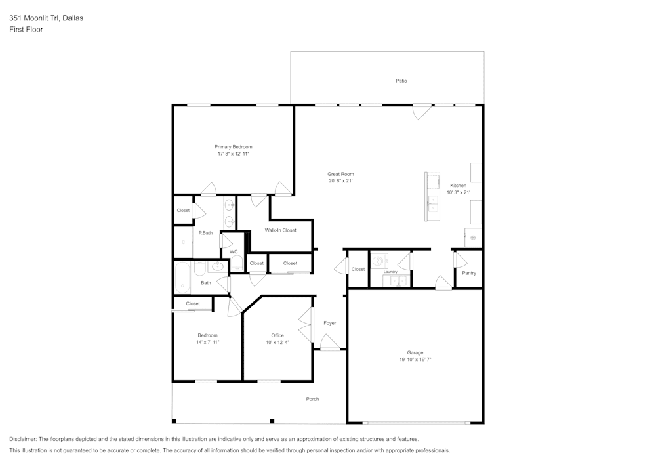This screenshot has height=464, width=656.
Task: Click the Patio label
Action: click(x=401, y=81)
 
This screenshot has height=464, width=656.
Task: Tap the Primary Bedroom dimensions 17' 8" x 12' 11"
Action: click(x=234, y=154)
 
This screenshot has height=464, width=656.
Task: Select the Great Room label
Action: click(x=340, y=174)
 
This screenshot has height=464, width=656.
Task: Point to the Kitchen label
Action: click(x=458, y=186)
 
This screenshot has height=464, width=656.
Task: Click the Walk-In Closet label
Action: click(x=280, y=230)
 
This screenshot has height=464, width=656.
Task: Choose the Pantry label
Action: click(x=469, y=273)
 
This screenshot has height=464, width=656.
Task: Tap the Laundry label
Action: click(x=390, y=272)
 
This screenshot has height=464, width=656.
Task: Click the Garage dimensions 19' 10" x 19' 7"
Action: click(x=415, y=360)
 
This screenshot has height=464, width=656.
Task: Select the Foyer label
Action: click(x=329, y=323)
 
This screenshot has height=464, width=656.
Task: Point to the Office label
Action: click(x=277, y=335)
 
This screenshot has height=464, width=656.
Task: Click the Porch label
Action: click(x=312, y=399)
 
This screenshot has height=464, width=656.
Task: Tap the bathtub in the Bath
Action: click(x=182, y=277)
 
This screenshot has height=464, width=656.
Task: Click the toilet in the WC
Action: click(x=237, y=263)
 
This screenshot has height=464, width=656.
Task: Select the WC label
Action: click(x=234, y=251)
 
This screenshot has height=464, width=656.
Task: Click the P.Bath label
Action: click(x=205, y=233)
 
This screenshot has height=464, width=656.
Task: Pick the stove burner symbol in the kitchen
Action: click(x=472, y=238)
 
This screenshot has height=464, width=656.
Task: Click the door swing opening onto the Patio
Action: click(x=421, y=112)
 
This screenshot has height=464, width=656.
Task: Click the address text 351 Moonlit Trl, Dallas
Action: click(x=46, y=18)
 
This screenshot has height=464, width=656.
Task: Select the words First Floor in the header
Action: click(x=26, y=30)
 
